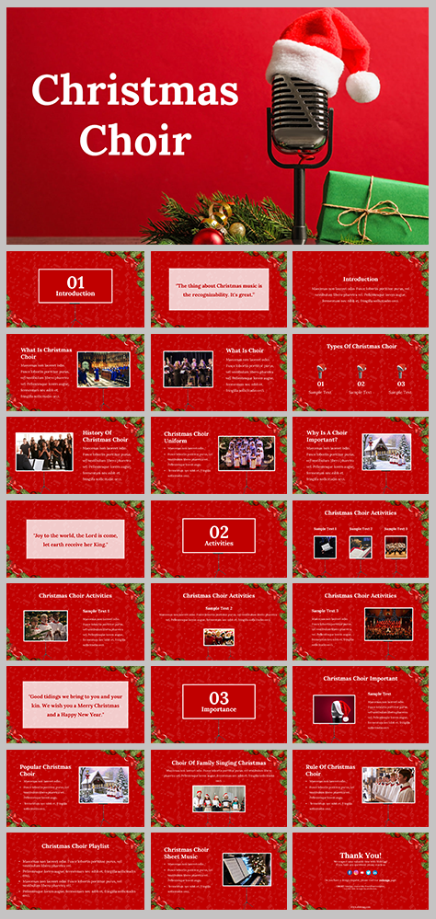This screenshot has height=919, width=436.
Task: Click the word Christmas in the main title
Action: pyautogui.click(x=135, y=91)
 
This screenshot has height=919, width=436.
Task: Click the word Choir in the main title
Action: pyautogui.click(x=135, y=139)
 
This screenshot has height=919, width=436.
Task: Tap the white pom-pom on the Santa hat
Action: pyautogui.click(x=362, y=86)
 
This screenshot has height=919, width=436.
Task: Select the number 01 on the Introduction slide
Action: pyautogui.click(x=75, y=281)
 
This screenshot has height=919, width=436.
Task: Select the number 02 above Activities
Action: pyautogui.click(x=219, y=531)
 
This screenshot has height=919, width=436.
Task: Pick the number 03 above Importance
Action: pyautogui.click(x=219, y=697)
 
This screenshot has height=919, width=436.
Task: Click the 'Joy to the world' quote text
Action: pyautogui.click(x=75, y=539)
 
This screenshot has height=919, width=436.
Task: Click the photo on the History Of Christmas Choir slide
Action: pyautogui.click(x=44, y=452)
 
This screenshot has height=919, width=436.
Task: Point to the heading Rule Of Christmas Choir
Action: pyautogui.click(x=330, y=770)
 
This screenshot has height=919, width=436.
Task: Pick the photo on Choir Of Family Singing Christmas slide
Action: pyautogui.click(x=219, y=798)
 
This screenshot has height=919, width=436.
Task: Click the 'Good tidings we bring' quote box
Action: pyautogui.click(x=75, y=705)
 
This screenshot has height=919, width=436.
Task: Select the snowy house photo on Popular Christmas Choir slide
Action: pyautogui.click(x=104, y=786)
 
